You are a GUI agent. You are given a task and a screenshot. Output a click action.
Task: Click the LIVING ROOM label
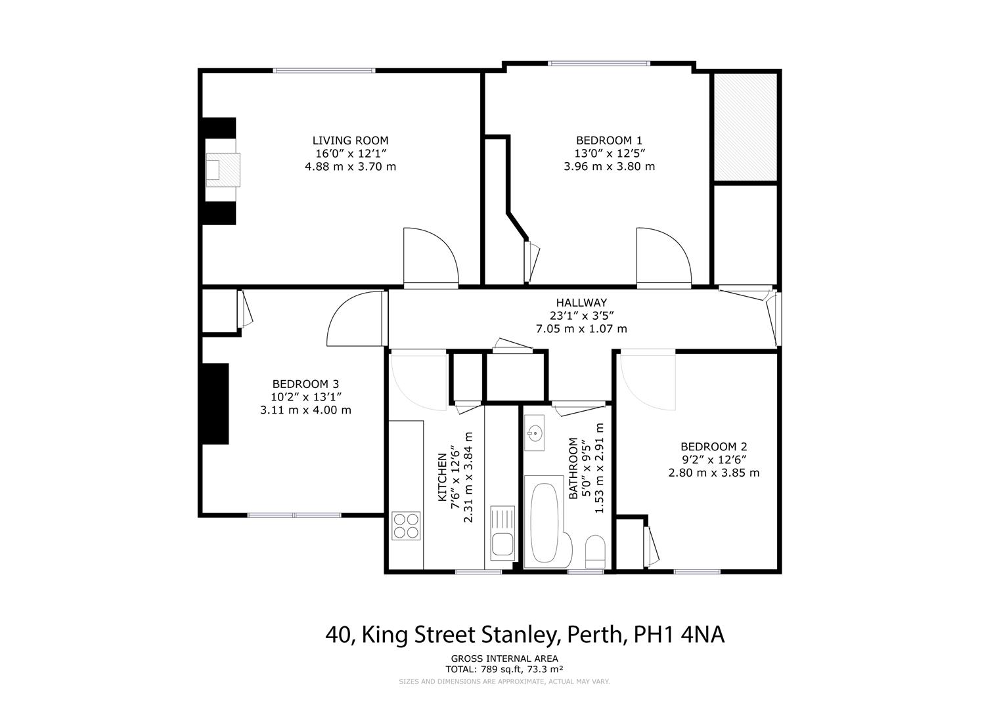350,140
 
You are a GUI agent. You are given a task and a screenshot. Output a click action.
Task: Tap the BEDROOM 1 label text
609,140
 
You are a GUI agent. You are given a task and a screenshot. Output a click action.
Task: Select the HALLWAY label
581,303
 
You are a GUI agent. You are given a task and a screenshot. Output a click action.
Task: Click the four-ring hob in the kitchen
406,525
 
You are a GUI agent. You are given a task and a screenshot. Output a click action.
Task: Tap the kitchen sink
504,544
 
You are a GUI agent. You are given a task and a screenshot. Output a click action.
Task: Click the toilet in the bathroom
595,551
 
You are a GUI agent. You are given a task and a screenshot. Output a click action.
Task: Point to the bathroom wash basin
535,433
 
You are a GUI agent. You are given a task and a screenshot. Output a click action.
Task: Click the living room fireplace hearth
222,170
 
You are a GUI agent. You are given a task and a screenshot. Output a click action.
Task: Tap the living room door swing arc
430,256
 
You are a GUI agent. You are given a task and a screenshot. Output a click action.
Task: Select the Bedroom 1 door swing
663,256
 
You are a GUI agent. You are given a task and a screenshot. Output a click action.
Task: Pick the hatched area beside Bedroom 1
746,127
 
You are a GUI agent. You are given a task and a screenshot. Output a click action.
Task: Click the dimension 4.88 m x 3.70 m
350,167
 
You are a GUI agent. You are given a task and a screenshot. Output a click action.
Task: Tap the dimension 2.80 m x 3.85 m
713,473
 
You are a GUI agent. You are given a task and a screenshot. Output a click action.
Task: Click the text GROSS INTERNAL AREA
504,658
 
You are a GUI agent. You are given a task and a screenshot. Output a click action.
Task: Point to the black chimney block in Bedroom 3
215,404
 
